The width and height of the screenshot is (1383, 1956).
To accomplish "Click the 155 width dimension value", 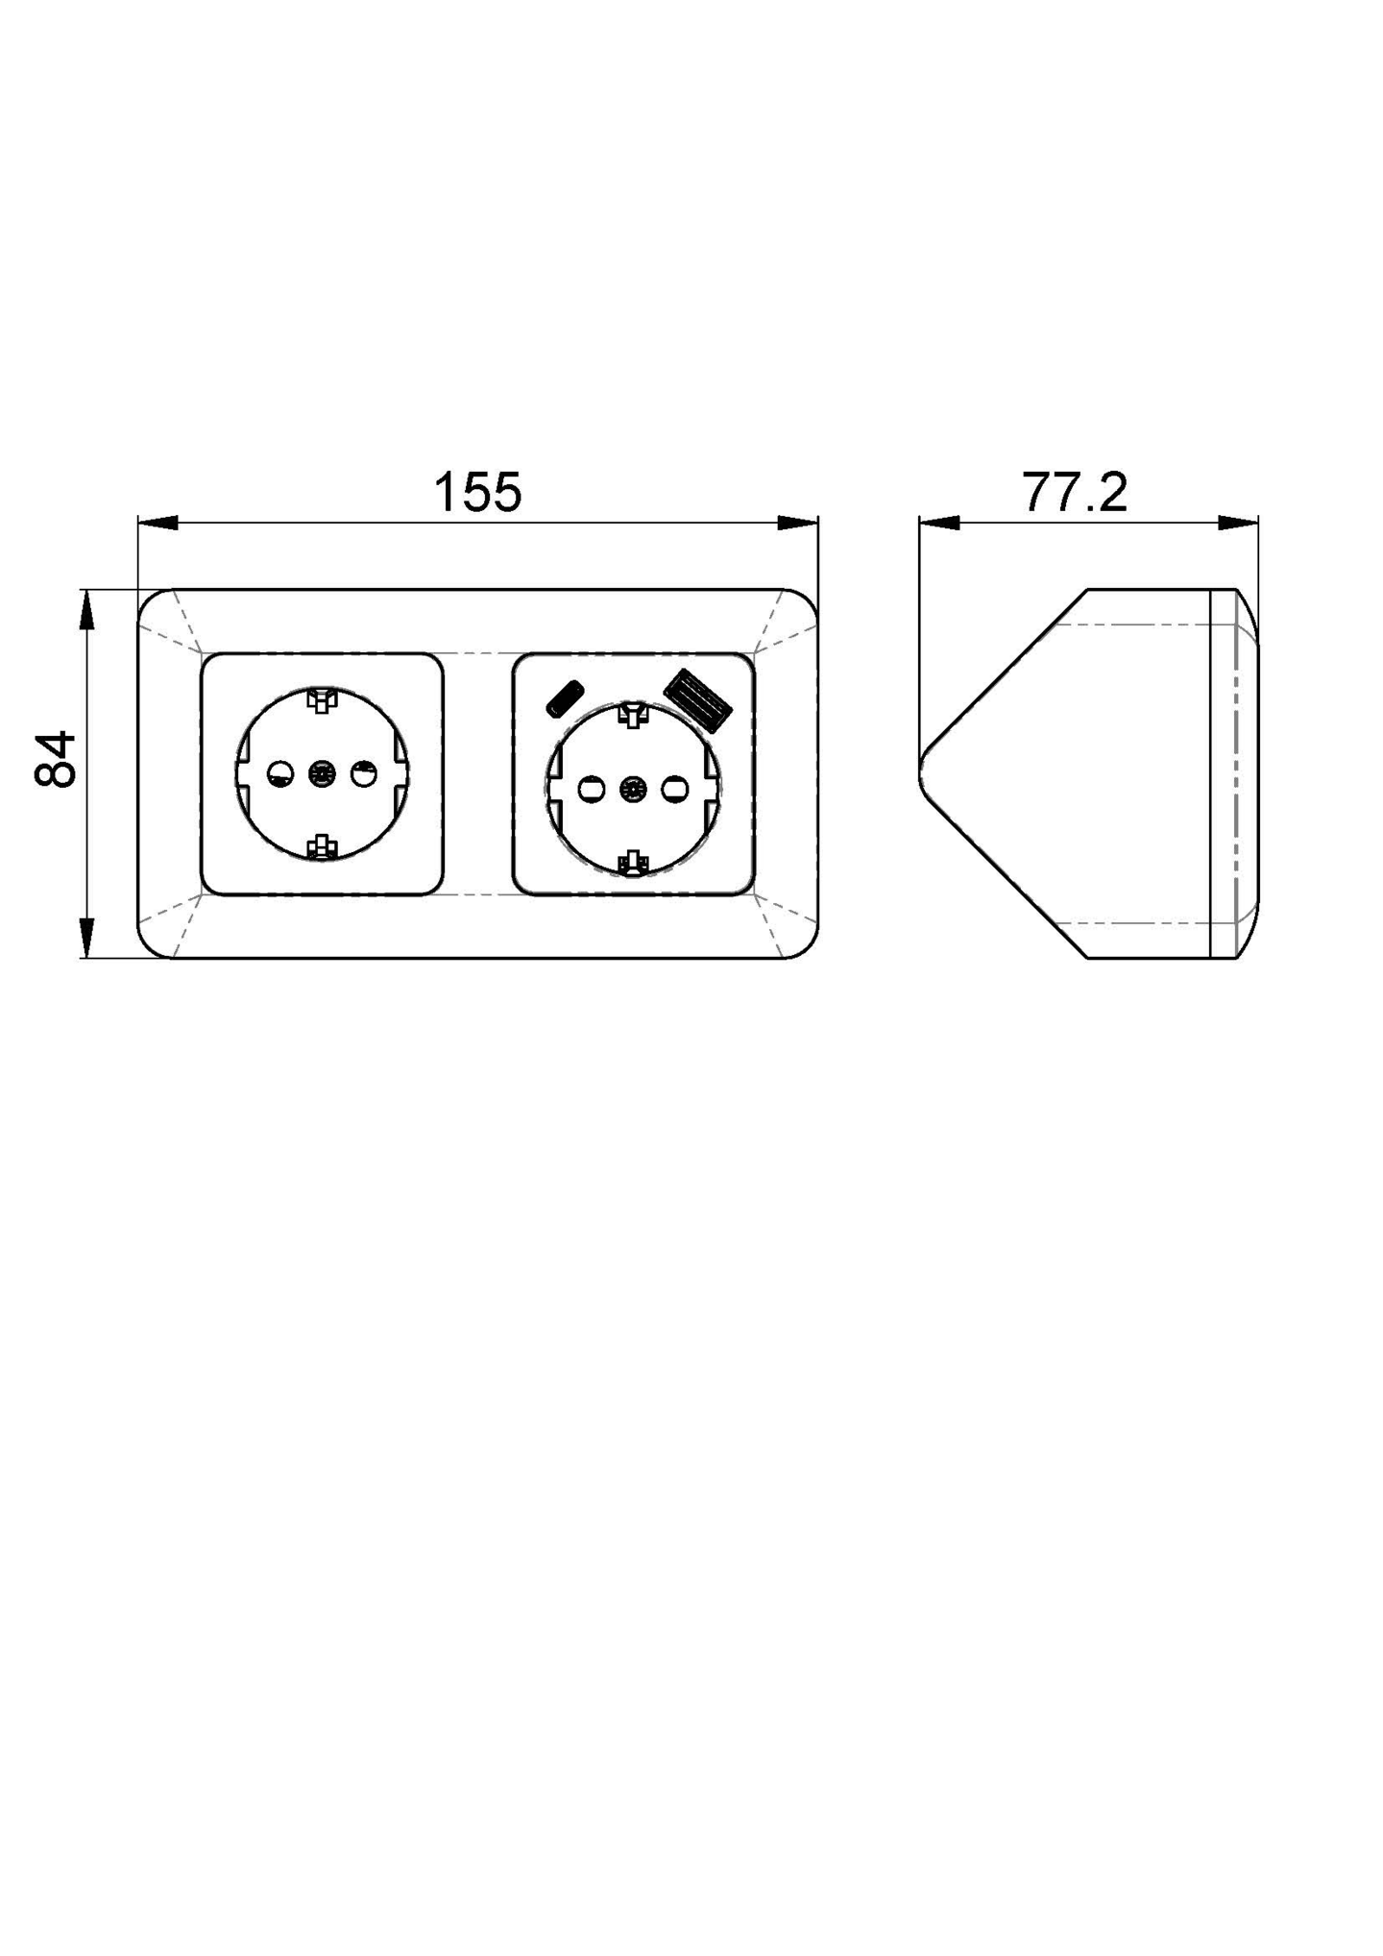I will pos(477,492).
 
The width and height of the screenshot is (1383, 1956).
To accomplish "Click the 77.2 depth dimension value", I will pos(1074,492).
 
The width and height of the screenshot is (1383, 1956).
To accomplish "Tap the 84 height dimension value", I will pos(56,759).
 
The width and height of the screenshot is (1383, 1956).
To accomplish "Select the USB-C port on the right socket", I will pos(565,698).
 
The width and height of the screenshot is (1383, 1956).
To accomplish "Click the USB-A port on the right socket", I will pos(699,701).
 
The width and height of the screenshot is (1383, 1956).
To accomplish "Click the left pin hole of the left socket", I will pos(280,773).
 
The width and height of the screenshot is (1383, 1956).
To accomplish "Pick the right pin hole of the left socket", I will pos(364,773).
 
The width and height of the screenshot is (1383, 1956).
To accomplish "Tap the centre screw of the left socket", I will pos(322,773).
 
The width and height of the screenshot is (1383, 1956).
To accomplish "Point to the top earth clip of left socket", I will pos(322,699).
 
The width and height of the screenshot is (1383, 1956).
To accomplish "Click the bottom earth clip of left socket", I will pos(322,846).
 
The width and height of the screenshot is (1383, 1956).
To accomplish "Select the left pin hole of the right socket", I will pos(591,790).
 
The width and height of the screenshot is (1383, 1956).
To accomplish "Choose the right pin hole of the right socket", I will pos(675,790).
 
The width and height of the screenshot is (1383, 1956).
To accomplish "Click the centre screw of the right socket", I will pos(633,790).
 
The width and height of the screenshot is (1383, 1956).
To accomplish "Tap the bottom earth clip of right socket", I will pos(633,862).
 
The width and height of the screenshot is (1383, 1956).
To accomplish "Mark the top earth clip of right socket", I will pos(633,716).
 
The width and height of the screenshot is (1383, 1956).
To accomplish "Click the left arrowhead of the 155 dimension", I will pos(158,523).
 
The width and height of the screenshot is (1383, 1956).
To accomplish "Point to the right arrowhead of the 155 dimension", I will pos(797,523).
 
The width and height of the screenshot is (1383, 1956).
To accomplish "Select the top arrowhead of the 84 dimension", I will pos(86,610).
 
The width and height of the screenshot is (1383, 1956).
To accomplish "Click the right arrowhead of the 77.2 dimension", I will pos(1239,523).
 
